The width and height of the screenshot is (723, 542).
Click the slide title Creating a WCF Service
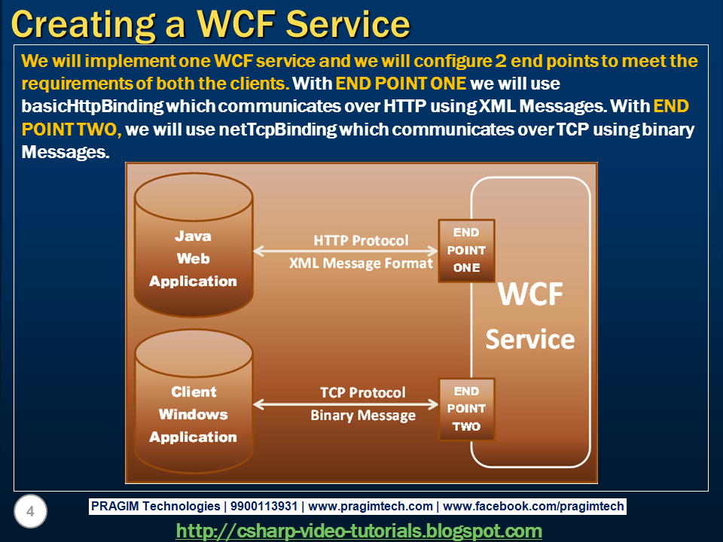pos(210,24)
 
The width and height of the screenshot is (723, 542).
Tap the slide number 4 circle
pos(30,511)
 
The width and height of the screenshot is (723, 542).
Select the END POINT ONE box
pos(467,250)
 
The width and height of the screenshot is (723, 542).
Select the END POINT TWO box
pos(467,409)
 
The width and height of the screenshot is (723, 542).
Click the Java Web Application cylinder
pos(194,245)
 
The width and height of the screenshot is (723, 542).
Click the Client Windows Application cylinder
pos(194,401)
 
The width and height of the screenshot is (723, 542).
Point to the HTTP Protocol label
pos(361,240)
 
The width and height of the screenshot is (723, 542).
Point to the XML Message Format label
pos(361,263)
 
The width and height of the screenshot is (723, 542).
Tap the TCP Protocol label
pos(363,393)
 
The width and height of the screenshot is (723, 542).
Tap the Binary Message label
pos(363,416)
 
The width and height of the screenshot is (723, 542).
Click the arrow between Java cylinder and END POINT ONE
pos(346,251)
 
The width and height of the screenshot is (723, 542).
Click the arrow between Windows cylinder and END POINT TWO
pos(346,405)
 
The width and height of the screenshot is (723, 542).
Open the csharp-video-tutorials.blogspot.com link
pos(358,531)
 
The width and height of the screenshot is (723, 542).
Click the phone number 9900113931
pos(264,506)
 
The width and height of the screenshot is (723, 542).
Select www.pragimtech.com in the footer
pos(371,506)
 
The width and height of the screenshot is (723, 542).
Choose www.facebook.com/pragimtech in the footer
pos(533,506)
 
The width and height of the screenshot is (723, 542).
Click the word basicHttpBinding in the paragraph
pos(92,106)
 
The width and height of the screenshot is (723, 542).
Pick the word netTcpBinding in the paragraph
pos(278,129)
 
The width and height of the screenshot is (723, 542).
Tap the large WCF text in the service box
pos(530,294)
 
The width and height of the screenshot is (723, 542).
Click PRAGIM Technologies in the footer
pos(155,506)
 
